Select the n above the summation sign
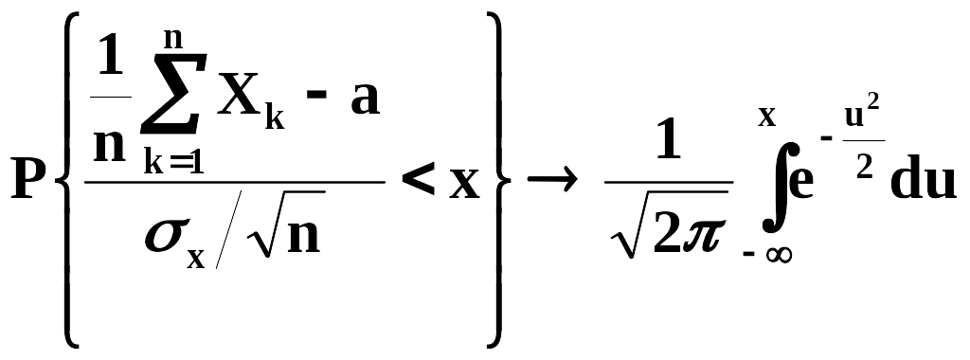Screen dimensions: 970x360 click(174, 38)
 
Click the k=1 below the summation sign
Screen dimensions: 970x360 click(174, 161)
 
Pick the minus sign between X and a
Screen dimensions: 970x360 click(319, 99)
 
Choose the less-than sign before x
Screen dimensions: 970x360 click(418, 181)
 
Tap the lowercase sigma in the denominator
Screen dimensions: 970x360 click(164, 237)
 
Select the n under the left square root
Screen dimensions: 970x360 click(304, 236)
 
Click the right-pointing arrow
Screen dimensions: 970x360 click(552, 181)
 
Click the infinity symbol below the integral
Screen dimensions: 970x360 click(779, 255)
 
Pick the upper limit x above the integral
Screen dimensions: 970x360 click(767, 117)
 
